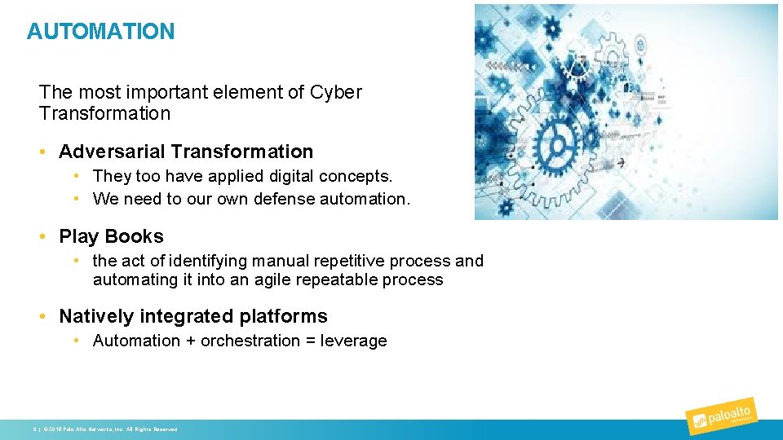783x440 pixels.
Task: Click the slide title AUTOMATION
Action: click(100, 32)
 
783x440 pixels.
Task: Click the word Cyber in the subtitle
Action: click(335, 92)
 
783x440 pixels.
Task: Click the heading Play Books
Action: click(111, 236)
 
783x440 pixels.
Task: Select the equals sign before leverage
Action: click(311, 341)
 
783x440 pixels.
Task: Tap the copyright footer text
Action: click(105, 429)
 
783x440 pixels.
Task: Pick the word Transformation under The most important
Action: click(104, 113)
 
